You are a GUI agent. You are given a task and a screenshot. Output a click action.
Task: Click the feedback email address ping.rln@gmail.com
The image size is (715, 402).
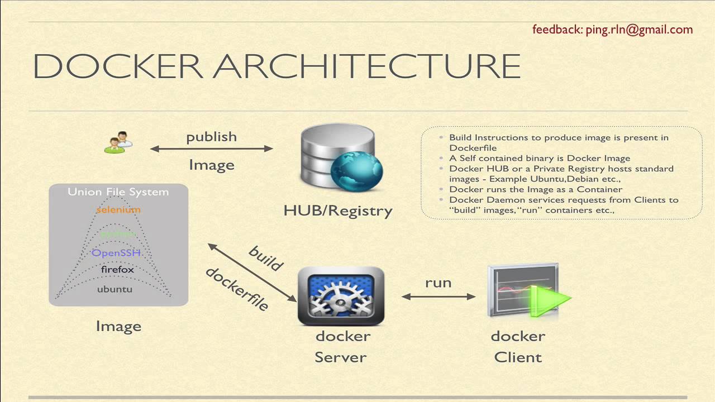coord(639,30)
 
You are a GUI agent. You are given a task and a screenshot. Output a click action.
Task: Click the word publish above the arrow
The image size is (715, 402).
coord(211,137)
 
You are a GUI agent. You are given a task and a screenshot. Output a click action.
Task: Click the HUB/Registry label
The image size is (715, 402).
coord(338,211)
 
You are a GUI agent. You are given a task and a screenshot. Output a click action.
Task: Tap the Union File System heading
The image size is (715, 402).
coord(118,192)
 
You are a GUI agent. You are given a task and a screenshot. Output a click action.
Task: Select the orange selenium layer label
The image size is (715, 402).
coord(118,210)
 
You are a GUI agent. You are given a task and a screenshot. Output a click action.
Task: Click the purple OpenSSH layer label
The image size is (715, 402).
coord(116,253)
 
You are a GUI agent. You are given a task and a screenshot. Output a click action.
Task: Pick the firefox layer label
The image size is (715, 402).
coord(117,270)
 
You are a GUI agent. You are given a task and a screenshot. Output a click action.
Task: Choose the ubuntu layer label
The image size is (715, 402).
coord(115,289)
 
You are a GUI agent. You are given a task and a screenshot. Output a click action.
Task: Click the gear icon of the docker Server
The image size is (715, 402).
coord(341,296)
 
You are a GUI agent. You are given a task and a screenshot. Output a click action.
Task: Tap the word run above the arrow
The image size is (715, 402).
coord(438,283)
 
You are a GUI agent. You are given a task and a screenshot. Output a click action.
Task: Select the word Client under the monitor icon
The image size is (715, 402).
coord(518,357)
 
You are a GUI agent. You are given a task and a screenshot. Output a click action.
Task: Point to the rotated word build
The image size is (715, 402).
coord(266,259)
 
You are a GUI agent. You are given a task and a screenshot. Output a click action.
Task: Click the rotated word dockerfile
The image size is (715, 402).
coord(237,289)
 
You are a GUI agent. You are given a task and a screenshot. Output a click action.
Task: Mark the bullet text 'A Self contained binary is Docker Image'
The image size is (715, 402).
coord(540,158)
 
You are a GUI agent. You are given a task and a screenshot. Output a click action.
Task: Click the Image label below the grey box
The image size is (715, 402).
coord(118,327)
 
